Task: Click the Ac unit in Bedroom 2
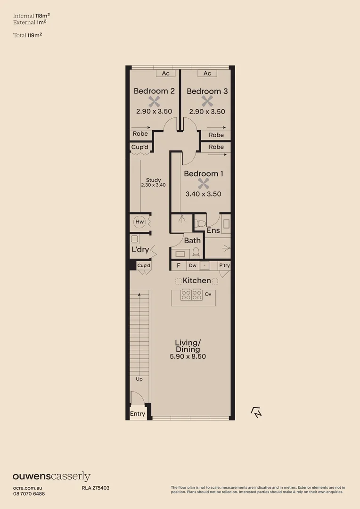(165, 74)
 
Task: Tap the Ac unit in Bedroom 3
(207, 74)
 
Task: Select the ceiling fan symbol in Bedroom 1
(203, 183)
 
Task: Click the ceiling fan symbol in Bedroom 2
(154, 101)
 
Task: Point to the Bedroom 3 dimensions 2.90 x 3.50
(207, 112)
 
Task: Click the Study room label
(153, 180)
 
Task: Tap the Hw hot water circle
(139, 222)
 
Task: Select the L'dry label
(140, 249)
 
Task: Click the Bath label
(192, 240)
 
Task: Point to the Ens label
(213, 230)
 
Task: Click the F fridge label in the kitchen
(179, 265)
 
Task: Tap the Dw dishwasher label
(192, 265)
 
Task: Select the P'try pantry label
(224, 265)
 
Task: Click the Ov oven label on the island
(207, 294)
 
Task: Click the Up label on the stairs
(139, 379)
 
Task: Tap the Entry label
(138, 414)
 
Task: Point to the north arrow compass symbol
(256, 412)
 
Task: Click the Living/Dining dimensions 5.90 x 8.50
(188, 356)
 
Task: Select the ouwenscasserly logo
(51, 476)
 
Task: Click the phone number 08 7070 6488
(29, 493)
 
